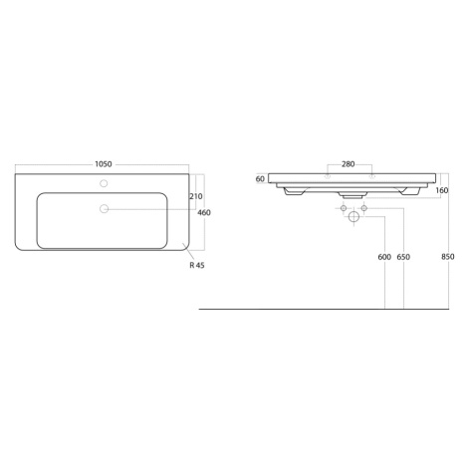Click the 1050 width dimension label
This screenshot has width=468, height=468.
104,164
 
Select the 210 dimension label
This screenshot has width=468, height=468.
196,196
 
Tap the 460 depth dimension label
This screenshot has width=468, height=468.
204,212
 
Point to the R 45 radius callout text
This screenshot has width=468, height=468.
197,265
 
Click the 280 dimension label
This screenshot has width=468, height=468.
349,164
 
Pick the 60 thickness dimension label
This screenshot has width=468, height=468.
260,179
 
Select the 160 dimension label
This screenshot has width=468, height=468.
442,190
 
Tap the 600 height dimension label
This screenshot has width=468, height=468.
384,257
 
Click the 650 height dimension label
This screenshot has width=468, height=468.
403,257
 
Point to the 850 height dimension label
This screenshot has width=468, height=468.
448,257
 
